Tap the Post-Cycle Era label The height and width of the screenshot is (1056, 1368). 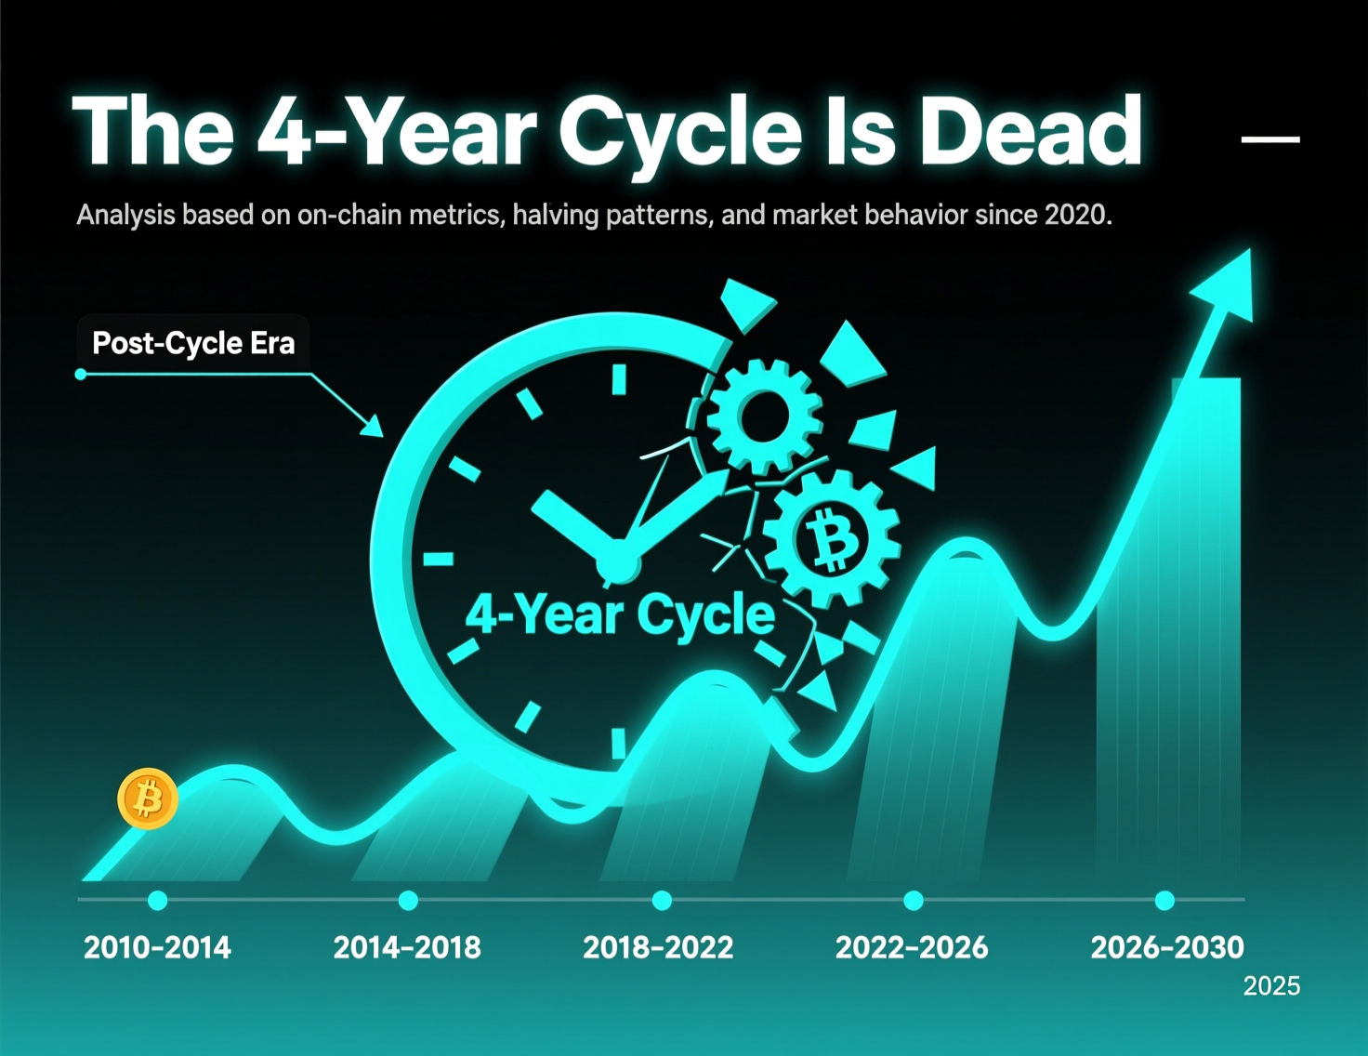coord(193,343)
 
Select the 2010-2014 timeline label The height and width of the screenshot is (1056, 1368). coord(157,947)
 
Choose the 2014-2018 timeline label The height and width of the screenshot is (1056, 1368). coord(407,947)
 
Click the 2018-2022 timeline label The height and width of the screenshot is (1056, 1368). coord(658,947)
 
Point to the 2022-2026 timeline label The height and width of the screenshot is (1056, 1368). coord(912,947)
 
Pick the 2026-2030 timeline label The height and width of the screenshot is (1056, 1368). coord(1166,947)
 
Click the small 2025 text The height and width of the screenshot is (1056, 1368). coord(1271,986)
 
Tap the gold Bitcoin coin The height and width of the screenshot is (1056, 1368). coord(148,798)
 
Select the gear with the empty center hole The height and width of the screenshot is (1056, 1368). coord(764,416)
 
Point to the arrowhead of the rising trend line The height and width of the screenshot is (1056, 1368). coord(1227,284)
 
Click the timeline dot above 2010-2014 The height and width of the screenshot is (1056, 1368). coord(158,900)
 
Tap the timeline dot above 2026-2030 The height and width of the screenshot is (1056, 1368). coord(1164,900)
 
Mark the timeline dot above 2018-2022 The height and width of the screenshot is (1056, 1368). coord(662,900)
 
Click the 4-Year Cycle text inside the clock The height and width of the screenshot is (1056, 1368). coord(620,614)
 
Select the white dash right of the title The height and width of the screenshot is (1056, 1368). coord(1270,139)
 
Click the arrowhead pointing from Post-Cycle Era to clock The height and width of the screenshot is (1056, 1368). coord(373,427)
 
